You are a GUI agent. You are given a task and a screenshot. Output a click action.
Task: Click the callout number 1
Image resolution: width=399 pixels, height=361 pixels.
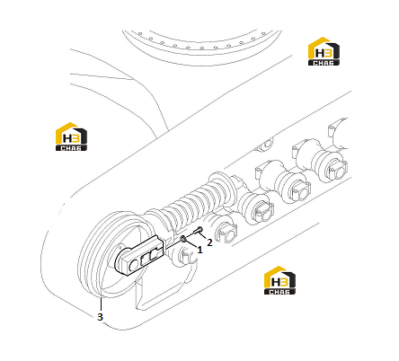click(x=199, y=250)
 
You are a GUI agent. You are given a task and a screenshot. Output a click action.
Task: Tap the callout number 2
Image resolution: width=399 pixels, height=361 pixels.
click(x=209, y=242)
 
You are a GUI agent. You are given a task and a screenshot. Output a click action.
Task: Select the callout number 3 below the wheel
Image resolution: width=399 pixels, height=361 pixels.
click(x=100, y=317)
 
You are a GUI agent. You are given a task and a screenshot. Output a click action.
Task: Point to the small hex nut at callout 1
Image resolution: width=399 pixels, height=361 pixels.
click(x=183, y=239)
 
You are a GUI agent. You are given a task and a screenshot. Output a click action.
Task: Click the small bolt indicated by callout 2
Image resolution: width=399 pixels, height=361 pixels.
click(x=199, y=231)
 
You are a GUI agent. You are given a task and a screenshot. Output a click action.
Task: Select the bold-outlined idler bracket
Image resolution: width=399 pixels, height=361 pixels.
click(x=139, y=255)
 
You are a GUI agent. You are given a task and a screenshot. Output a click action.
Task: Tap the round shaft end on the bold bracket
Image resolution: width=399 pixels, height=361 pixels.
click(x=134, y=265)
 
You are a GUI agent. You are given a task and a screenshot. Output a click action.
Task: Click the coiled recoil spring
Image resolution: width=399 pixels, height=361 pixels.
click(x=191, y=200)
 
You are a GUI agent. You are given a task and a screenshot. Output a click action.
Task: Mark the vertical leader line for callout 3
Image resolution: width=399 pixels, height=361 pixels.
click(x=101, y=303)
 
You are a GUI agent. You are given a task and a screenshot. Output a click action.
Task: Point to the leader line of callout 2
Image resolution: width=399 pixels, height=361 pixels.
click(x=204, y=236)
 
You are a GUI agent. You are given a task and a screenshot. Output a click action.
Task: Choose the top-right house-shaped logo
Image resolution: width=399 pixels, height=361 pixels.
click(x=324, y=51)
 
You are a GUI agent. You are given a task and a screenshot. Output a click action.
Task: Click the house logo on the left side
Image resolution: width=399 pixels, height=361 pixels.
click(x=71, y=136)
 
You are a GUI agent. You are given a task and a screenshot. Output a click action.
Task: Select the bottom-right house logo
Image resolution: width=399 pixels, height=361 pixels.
click(x=279, y=280)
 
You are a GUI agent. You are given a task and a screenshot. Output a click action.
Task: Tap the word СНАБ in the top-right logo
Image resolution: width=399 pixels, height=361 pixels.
click(x=324, y=63)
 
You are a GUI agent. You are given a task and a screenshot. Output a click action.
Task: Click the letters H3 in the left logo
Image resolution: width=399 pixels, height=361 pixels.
click(x=71, y=138)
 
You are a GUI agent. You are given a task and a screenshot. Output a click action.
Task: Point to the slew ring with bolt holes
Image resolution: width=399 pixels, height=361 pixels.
click(x=202, y=47)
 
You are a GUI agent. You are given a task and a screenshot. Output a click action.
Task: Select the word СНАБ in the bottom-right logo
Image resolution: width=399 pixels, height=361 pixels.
click(x=279, y=292)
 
